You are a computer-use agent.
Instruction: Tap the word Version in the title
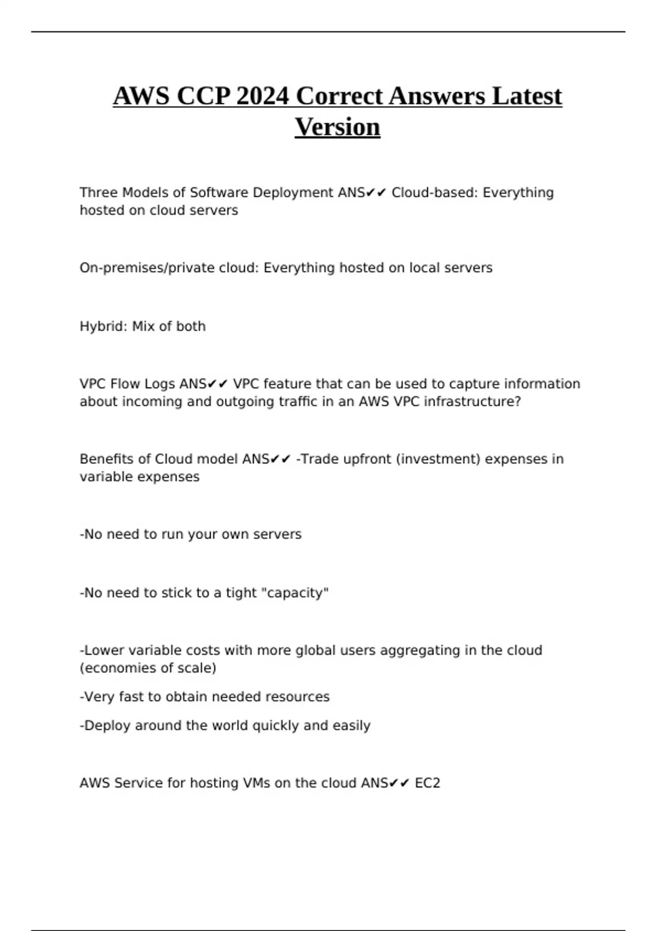[337, 127]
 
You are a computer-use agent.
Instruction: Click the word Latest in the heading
[527, 96]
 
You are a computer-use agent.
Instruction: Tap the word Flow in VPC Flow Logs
[125, 384]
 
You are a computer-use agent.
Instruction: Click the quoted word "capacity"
[296, 593]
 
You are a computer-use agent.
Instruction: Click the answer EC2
[428, 783]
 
